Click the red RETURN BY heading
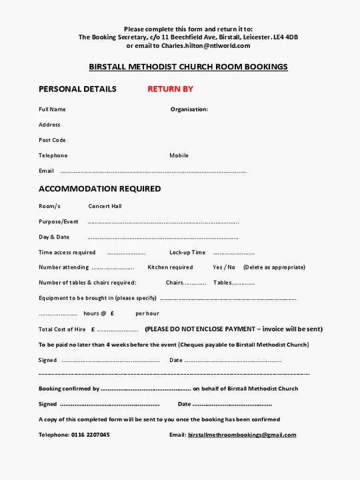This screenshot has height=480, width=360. coord(170,89)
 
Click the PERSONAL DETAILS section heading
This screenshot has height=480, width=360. coord(77,89)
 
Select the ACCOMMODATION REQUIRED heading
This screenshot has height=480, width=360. coord(99,189)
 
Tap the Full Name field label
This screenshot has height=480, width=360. coord(52,109)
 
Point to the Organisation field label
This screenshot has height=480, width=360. coord(189,109)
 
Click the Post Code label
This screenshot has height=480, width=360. coord(52,140)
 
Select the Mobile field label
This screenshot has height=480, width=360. coord(179,155)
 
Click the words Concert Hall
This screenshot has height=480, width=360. coord(105,206)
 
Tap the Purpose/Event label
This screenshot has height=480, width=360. coord(59,221)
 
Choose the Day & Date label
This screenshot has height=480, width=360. coord(54,237)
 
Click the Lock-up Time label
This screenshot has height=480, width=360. coord(187,253)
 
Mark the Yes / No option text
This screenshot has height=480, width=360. coord(224,267)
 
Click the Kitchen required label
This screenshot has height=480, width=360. coord(170,267)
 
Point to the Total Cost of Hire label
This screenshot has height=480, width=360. coord(62,329)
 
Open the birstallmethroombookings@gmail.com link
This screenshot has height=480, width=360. coord(242,435)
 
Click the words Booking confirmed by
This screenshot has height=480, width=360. coord(69,389)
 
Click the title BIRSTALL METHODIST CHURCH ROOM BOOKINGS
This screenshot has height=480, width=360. coord(188,67)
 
